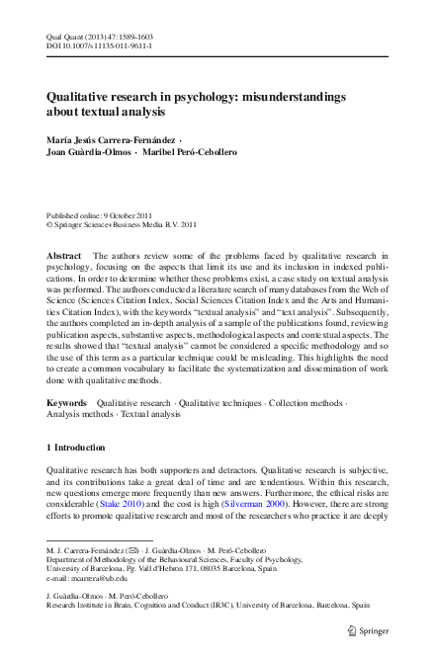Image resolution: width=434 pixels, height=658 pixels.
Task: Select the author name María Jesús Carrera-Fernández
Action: [115, 140]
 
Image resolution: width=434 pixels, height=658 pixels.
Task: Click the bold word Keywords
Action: [67, 403]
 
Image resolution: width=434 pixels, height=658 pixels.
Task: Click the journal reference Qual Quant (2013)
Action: [73, 35]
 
